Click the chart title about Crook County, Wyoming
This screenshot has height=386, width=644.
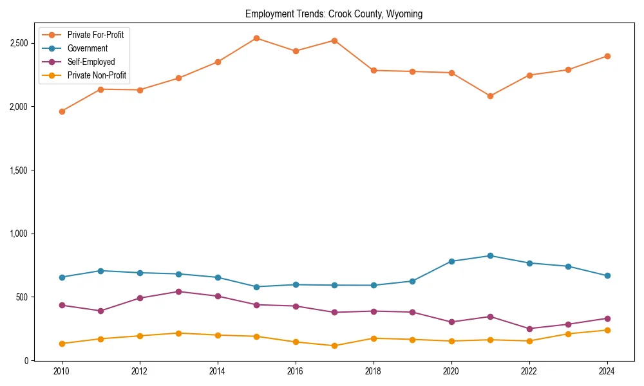334,14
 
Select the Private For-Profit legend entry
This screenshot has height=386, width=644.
95,35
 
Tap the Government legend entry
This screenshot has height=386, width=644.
87,48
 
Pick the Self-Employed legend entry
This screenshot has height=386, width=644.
91,62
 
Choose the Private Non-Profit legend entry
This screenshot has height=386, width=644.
97,76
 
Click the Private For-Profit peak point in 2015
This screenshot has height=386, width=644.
256,38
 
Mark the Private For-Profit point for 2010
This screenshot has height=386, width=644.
62,111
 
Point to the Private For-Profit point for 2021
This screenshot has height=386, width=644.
490,96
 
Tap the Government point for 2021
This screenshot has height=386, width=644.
490,255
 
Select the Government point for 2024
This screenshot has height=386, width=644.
607,275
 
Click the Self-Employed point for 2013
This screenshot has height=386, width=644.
178,291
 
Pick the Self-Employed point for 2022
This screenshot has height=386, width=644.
529,329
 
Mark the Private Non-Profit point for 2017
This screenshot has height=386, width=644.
334,345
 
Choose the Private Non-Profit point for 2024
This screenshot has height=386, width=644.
607,330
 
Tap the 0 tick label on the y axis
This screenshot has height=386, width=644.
27,360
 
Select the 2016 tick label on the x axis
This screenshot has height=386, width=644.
295,372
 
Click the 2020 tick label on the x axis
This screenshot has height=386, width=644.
451,372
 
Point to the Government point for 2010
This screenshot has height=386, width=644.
62,277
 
